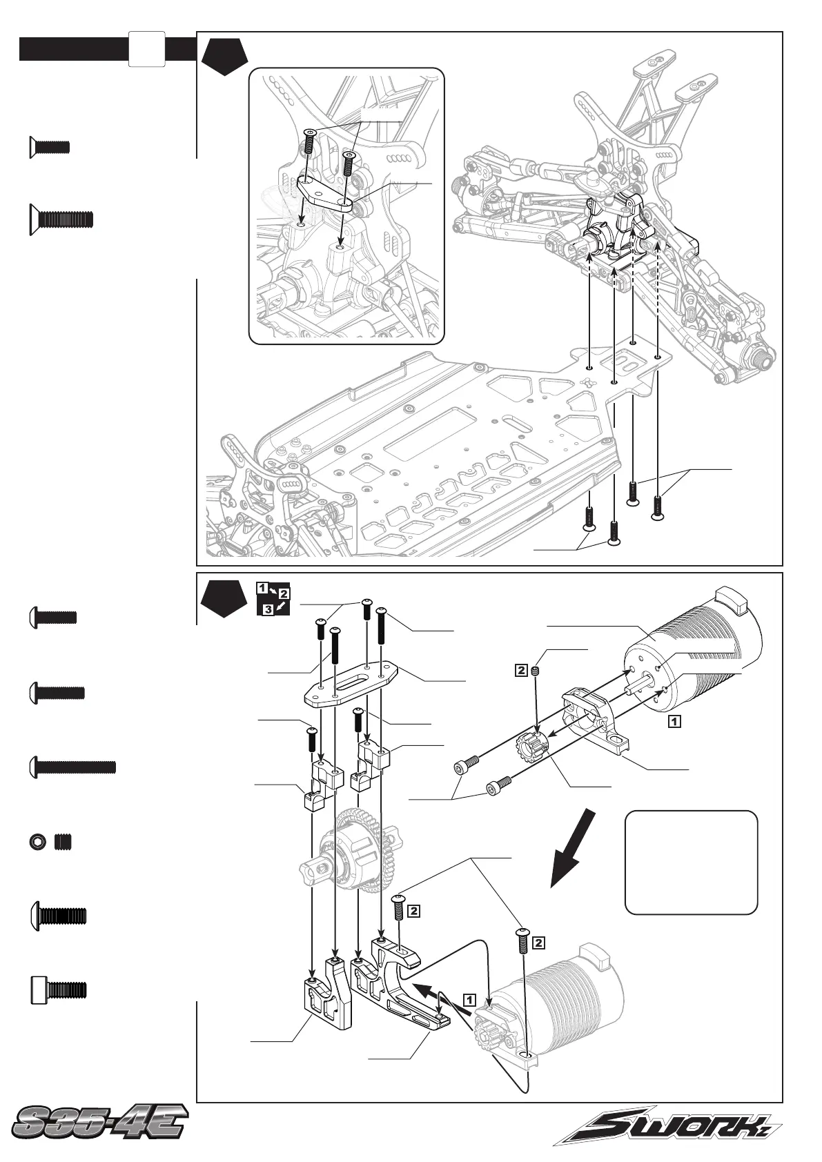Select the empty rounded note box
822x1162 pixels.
point(691,862)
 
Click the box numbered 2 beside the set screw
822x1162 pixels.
point(522,669)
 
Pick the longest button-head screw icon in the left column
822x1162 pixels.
point(73,767)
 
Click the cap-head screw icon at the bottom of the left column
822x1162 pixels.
point(59,989)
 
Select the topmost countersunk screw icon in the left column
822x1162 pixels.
point(50,146)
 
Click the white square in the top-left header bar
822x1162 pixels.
point(146,49)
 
